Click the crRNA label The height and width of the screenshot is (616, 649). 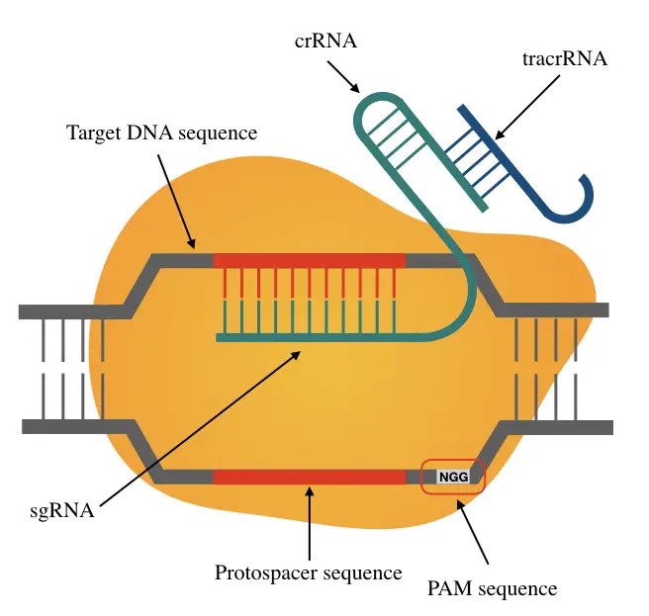(x=324, y=43)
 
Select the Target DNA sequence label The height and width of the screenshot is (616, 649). (x=161, y=132)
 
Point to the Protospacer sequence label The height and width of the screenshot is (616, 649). (x=308, y=572)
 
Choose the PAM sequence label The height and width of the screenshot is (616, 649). (x=492, y=588)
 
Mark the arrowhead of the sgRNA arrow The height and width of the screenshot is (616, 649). (x=299, y=353)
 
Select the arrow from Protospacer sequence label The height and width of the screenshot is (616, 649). (x=310, y=524)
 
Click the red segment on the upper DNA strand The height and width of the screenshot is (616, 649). (x=309, y=260)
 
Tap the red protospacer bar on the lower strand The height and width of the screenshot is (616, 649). (x=309, y=477)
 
